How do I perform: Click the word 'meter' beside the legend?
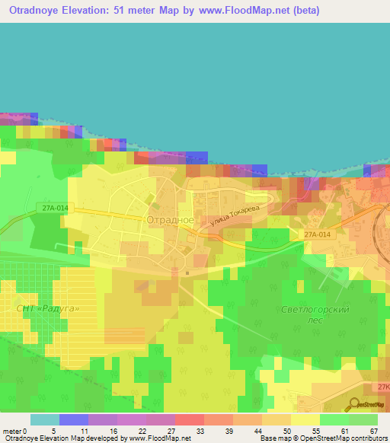click(x=13, y=430)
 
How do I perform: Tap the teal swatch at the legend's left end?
click(x=44, y=419)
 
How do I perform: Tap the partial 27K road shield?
click(x=383, y=386)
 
